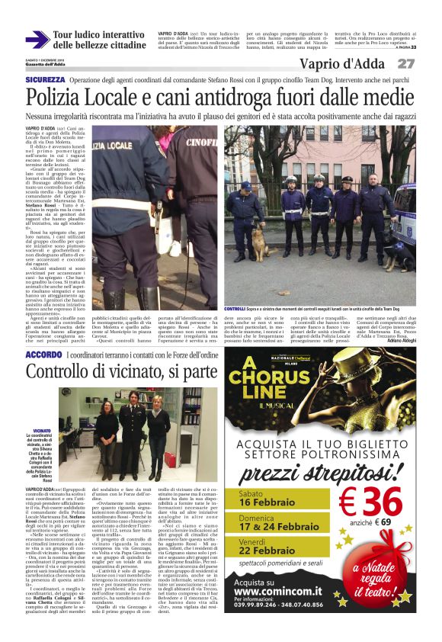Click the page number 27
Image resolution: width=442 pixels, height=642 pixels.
pos(406,64)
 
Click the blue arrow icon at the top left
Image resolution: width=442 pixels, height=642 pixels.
pos(37,40)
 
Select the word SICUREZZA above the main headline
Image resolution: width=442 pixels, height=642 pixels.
pos(45,79)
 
